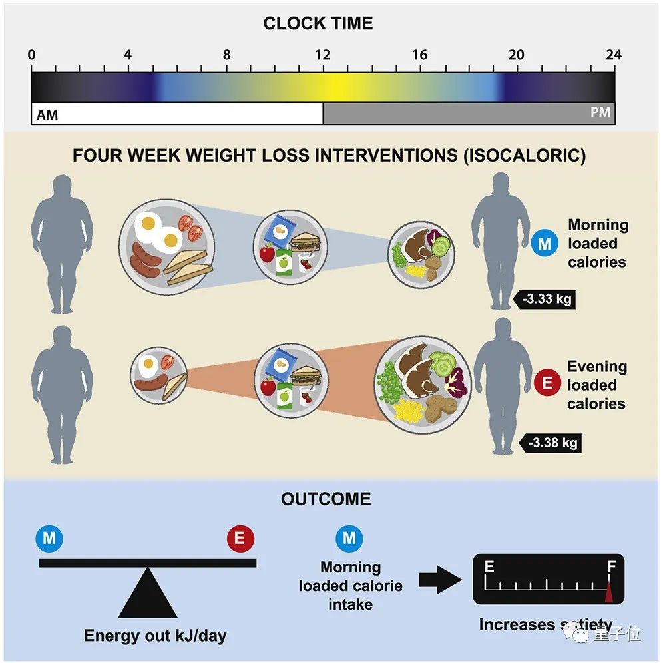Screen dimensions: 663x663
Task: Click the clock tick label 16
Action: tap(419, 55)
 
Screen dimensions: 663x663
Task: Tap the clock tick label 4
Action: tap(128, 55)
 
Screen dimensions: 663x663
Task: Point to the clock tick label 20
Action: tap(516, 55)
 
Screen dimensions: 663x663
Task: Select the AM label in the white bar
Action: tap(47, 114)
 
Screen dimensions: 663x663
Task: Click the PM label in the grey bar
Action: tap(600, 112)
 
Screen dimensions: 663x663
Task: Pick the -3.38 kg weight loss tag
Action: tap(552, 442)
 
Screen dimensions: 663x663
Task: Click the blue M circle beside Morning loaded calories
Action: tap(545, 244)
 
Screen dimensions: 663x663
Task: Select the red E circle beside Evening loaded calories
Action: tap(548, 383)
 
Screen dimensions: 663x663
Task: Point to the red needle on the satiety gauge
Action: tap(609, 590)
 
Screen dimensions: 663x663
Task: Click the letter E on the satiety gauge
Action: tap(489, 566)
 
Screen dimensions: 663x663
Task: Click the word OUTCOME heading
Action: tap(326, 499)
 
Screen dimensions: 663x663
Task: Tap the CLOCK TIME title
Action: tap(318, 23)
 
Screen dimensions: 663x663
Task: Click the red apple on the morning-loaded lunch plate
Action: tap(268, 254)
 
